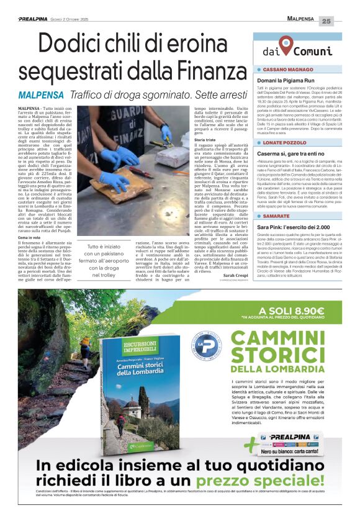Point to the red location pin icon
[286, 44]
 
